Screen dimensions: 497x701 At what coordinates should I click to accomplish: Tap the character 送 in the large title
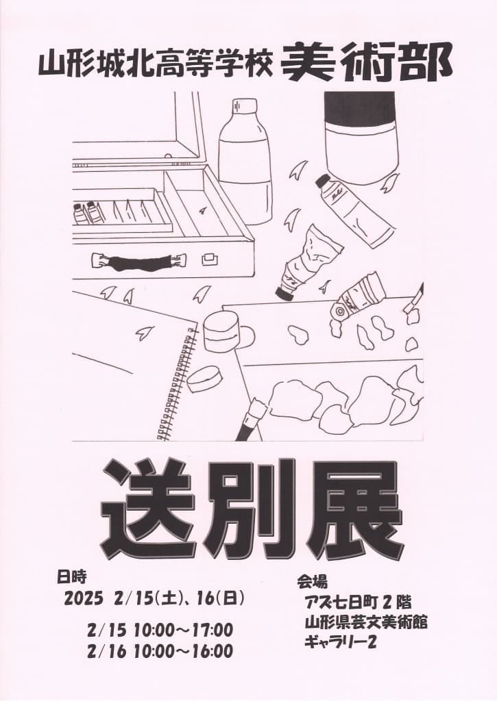click(148, 509)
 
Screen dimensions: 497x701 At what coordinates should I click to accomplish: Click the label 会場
click(312, 582)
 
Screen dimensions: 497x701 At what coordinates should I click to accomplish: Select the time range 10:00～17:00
click(184, 630)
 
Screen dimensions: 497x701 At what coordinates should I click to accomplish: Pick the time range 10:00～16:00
click(184, 651)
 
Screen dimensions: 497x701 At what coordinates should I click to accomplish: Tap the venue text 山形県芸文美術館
click(366, 622)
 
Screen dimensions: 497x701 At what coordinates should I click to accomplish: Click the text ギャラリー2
click(340, 642)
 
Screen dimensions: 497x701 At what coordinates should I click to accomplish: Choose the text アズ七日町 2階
click(357, 601)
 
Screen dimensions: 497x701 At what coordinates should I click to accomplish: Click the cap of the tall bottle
click(245, 106)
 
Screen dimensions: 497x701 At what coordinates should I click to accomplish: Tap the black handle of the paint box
click(138, 262)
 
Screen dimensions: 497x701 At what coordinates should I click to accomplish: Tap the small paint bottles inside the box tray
click(88, 213)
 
